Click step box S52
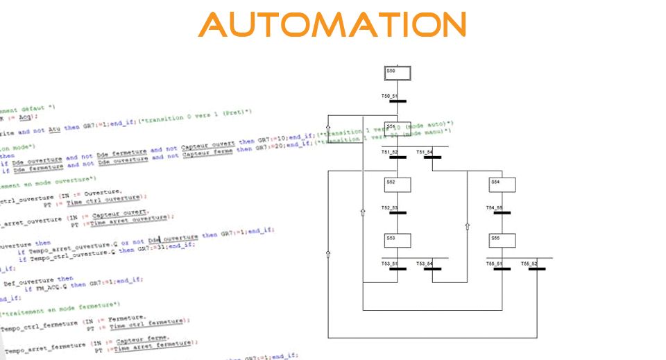(x=398, y=185)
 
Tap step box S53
(x=398, y=240)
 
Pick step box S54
(x=502, y=185)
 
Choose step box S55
(x=502, y=240)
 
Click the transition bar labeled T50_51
(x=398, y=101)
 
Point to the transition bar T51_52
(x=398, y=157)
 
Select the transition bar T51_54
(x=432, y=157)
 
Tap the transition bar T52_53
(x=398, y=212)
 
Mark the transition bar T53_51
(x=398, y=268)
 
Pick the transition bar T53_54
(x=432, y=268)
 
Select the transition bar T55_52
(x=536, y=268)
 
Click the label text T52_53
(x=389, y=207)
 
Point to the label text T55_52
(x=529, y=264)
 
